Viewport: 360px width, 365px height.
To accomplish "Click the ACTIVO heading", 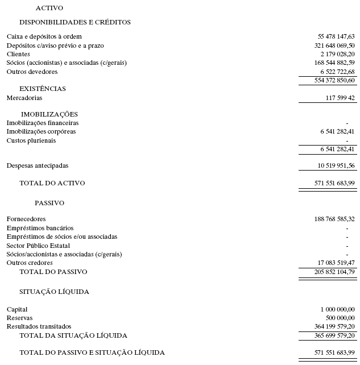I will (49, 8).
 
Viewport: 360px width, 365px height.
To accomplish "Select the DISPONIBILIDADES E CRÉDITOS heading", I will (75, 22).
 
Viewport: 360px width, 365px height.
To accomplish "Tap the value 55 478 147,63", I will (336, 36).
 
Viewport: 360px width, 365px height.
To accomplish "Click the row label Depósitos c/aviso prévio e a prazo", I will (55, 45).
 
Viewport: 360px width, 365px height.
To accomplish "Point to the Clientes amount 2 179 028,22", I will (336, 54).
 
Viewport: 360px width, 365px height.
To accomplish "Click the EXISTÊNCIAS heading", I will (43, 89).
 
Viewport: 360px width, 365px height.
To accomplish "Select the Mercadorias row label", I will (24, 98).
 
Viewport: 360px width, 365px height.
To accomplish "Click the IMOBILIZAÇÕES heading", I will (49, 114).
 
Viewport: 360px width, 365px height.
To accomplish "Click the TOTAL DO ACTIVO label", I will (52, 183).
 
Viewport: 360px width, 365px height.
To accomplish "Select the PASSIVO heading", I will (49, 203).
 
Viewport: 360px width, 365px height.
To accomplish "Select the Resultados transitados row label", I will (39, 326).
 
